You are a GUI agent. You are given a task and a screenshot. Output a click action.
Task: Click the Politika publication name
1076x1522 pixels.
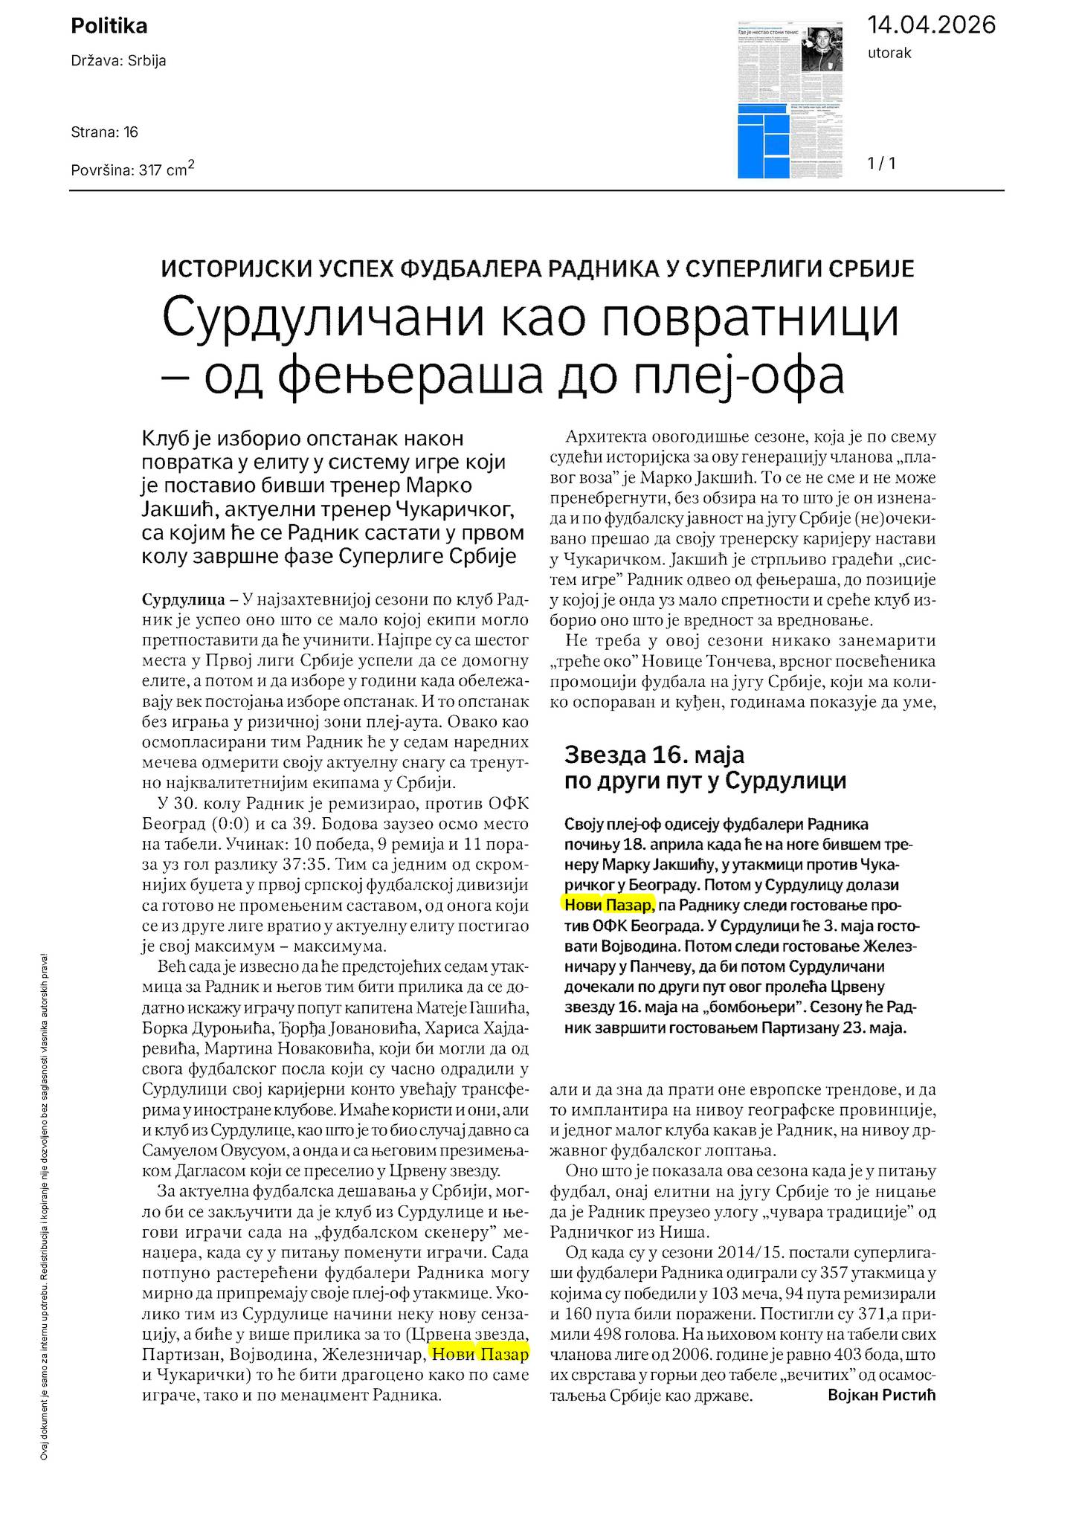[x=109, y=26]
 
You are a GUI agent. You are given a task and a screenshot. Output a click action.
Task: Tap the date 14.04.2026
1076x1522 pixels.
[x=931, y=25]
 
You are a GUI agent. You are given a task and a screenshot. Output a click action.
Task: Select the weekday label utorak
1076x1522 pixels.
[x=889, y=53]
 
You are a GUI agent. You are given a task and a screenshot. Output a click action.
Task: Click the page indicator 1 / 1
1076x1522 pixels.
[x=882, y=163]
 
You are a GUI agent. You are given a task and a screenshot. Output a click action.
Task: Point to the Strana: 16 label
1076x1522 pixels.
[x=104, y=132]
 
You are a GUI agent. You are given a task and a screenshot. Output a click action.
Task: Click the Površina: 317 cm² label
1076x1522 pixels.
[x=132, y=169]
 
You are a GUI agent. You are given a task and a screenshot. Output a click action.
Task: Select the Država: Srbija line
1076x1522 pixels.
[x=118, y=61]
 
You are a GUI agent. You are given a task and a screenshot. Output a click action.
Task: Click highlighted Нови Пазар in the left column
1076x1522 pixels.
[x=480, y=1354]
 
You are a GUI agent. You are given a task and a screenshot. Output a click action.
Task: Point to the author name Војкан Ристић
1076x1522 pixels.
[x=881, y=1395]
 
